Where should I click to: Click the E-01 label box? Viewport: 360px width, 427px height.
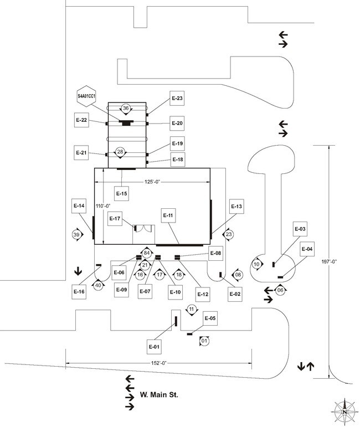click(x=154, y=347)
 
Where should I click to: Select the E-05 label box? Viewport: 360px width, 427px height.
click(x=210, y=318)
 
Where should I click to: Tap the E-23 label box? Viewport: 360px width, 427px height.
click(x=177, y=98)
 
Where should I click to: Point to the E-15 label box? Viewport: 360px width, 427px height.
click(x=121, y=193)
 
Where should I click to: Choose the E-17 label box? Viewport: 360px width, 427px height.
click(x=115, y=219)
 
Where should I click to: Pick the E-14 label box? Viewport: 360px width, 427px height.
click(x=79, y=205)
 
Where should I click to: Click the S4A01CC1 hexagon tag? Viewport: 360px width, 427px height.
click(x=86, y=96)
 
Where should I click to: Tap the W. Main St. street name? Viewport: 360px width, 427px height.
click(x=158, y=395)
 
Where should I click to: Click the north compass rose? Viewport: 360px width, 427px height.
click(x=344, y=410)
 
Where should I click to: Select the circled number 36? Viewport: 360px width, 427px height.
click(x=126, y=108)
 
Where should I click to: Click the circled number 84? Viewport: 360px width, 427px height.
click(x=147, y=253)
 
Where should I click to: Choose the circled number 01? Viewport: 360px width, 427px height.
click(x=204, y=341)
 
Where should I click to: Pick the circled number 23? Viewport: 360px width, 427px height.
click(x=228, y=234)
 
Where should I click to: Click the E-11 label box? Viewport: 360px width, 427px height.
click(x=168, y=215)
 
